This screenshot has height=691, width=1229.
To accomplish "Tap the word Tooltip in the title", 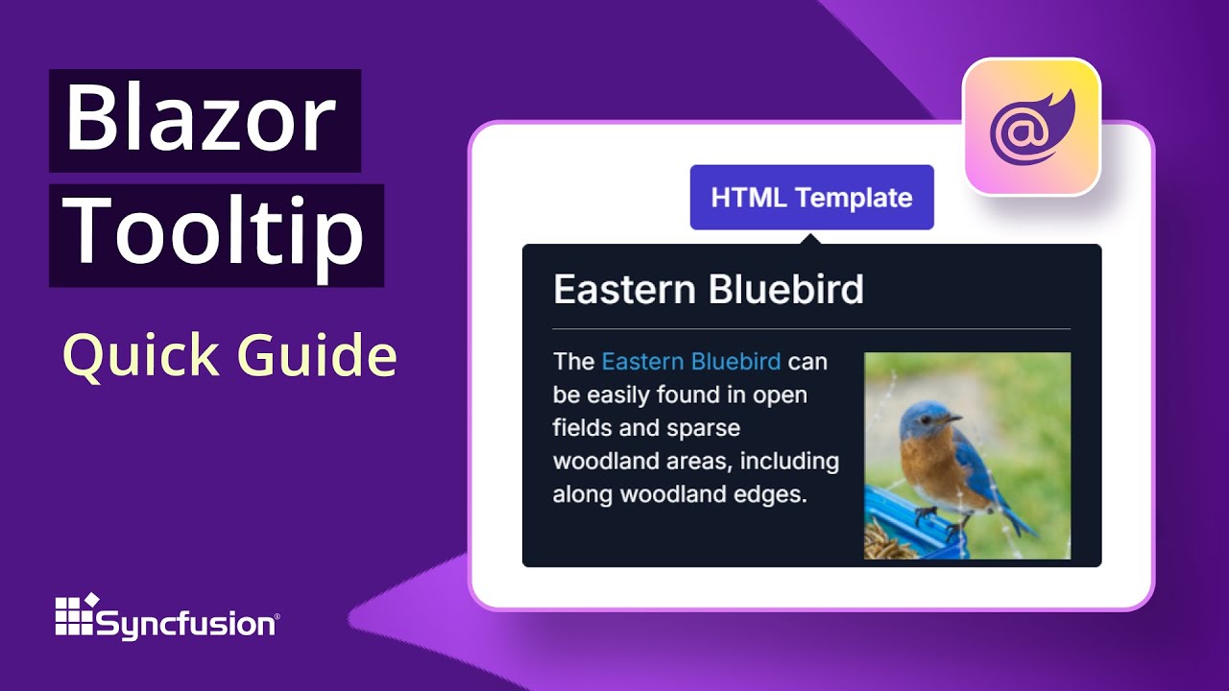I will click(217, 233).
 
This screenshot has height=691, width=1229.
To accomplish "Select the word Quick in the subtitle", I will click(135, 356).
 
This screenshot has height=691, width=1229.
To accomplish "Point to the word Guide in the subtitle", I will click(317, 356).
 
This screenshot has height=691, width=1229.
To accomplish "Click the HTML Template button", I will click(811, 198).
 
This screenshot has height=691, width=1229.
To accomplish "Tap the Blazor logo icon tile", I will click(1031, 127).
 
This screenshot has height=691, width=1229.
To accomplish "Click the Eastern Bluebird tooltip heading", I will click(709, 290).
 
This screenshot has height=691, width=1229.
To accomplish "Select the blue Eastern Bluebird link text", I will click(690, 362).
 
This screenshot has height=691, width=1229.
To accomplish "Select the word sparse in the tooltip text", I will click(705, 428).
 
